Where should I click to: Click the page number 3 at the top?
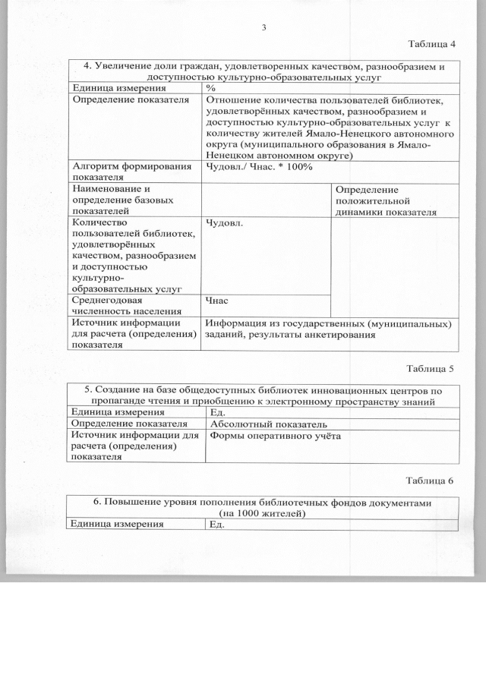[x=264, y=28]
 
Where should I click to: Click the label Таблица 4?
[x=432, y=43]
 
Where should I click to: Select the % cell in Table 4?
[x=210, y=89]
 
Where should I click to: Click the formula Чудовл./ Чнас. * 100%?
[x=259, y=166]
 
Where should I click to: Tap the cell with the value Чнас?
[x=217, y=301]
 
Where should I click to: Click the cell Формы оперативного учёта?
[x=275, y=436]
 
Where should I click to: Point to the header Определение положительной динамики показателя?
[x=385, y=200]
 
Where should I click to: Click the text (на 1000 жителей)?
[x=263, y=513]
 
